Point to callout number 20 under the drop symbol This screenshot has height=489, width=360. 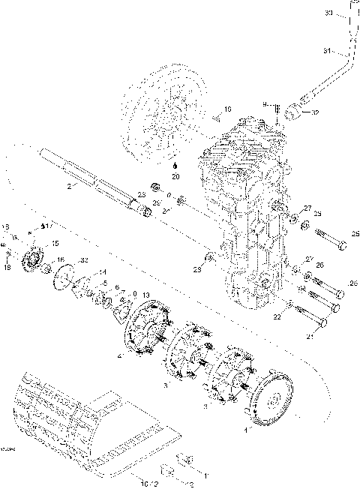pyautogui.click(x=175, y=177)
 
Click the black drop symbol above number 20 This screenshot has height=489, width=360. pyautogui.click(x=175, y=165)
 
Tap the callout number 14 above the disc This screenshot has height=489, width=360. pyautogui.click(x=103, y=271)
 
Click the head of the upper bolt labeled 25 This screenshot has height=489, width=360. pyautogui.click(x=343, y=245)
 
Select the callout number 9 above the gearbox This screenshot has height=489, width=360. pyautogui.click(x=265, y=104)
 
